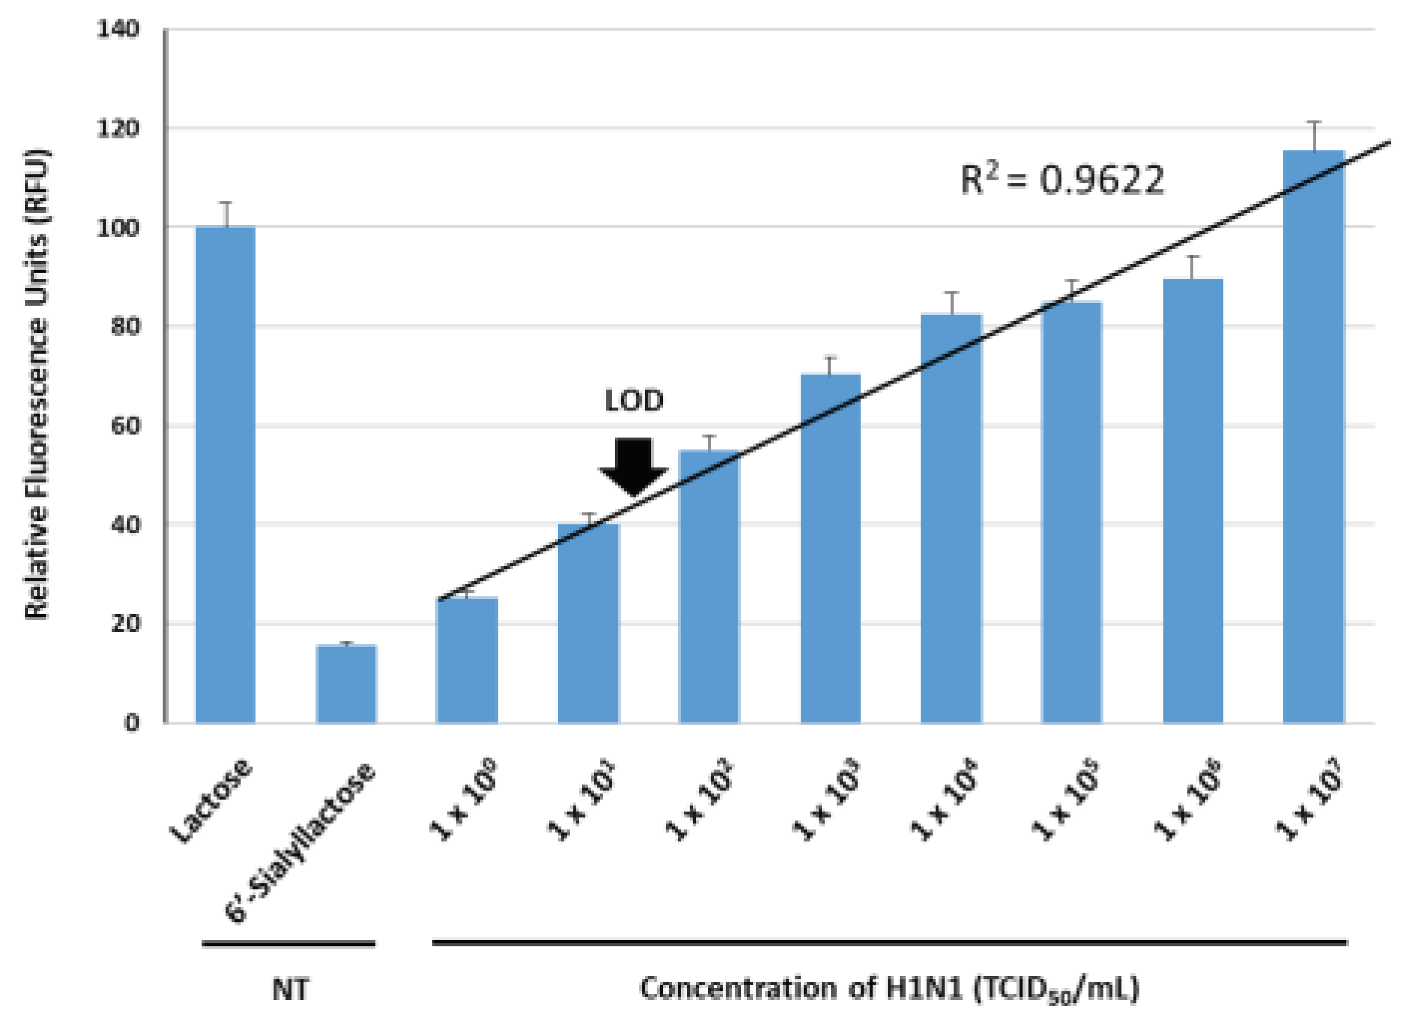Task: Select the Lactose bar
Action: tap(225, 475)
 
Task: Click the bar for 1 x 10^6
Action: tap(1193, 501)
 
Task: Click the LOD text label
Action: tap(633, 401)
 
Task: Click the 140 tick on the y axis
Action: tap(118, 29)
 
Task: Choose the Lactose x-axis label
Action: tap(211, 801)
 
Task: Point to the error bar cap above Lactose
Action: tap(226, 203)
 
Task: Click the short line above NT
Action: tap(288, 944)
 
